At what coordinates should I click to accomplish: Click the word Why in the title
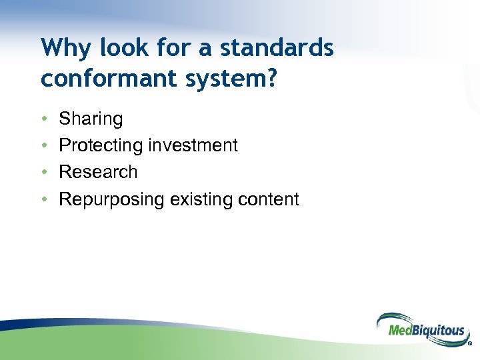pos(61,48)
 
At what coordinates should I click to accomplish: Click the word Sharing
pos(91,119)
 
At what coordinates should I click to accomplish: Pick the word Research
pos(98,172)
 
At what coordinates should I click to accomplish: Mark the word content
pos(269,199)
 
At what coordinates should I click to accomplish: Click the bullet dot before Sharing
pos(43,119)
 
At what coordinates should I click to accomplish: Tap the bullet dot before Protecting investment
pos(43,145)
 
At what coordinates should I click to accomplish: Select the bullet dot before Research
pos(43,172)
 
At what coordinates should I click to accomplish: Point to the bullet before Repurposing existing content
pos(43,199)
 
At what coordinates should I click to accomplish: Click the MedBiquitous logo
pos(421,329)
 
